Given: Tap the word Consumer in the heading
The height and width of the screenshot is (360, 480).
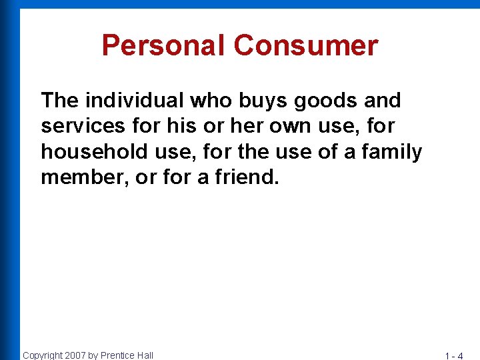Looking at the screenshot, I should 306,46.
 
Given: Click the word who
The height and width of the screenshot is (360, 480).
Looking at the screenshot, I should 209,101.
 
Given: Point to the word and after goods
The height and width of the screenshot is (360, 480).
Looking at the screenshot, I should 383,101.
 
